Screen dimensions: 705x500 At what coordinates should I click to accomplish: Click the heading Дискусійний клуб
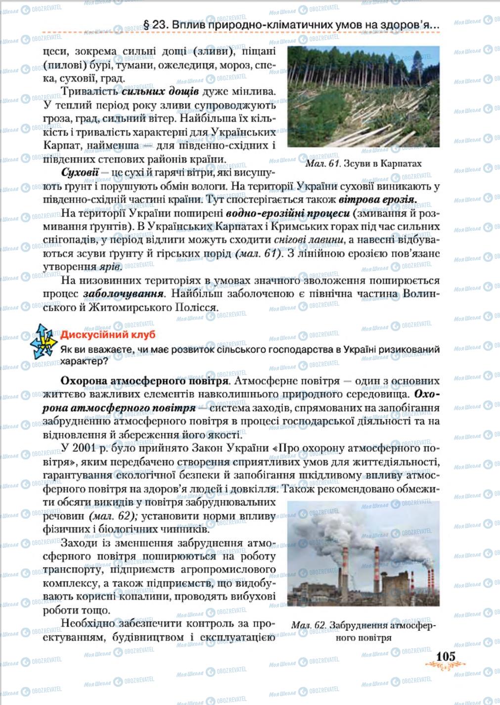coord(108,334)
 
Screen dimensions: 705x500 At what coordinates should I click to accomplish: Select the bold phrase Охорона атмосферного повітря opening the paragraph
coord(144,382)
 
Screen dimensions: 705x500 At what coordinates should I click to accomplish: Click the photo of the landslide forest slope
coord(363,98)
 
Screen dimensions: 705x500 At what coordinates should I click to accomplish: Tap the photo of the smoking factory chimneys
coord(363,554)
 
